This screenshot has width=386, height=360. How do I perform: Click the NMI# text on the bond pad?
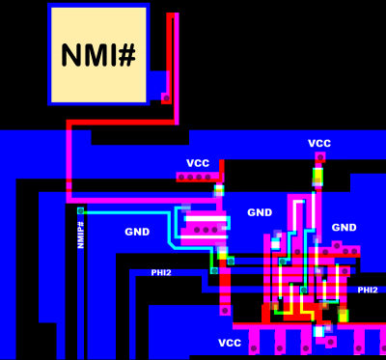coord(97,55)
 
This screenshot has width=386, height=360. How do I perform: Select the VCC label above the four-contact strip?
coord(198,163)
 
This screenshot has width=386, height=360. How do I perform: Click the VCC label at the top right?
coord(319,144)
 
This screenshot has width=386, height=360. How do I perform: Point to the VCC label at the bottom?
coord(230,344)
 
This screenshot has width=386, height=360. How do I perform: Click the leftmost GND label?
coord(137,232)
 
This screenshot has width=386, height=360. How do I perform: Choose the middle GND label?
coord(260,212)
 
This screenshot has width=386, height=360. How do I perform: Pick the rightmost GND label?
coord(345,228)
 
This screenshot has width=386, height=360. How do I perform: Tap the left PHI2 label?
coord(160,273)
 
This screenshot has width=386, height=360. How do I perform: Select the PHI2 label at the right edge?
coord(368,290)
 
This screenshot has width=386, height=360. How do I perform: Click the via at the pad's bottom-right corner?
coord(166,97)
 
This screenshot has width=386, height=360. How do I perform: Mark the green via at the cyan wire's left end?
coord(80,210)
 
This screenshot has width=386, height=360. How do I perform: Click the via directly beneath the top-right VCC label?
coord(320,157)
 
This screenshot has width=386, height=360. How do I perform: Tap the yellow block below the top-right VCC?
coord(317,177)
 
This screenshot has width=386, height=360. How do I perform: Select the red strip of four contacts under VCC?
coord(196,177)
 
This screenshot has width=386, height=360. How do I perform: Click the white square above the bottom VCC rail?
coord(318,331)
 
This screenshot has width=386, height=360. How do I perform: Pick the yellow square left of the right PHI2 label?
coord(343,316)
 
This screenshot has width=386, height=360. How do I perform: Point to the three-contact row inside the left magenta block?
coord(205,230)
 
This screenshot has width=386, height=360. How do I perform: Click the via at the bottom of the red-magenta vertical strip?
coord(225,311)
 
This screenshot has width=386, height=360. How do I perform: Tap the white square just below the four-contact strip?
coord(219,190)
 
